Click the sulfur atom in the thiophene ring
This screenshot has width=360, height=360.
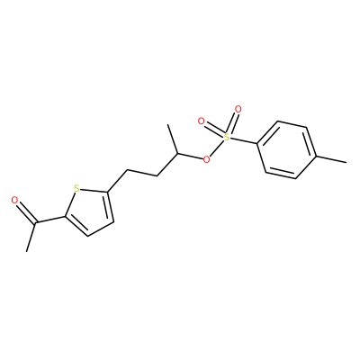click(x=76, y=189)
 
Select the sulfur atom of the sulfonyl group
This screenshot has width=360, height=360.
click(x=227, y=138)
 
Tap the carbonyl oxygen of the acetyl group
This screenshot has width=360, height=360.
click(x=14, y=200)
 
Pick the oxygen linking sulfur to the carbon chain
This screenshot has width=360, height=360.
click(x=206, y=159)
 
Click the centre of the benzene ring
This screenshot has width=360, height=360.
click(x=286, y=150)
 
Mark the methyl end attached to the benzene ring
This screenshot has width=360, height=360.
click(x=346, y=163)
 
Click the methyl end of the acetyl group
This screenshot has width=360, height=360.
click(x=27, y=251)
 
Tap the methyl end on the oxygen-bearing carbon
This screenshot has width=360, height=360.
click(x=168, y=124)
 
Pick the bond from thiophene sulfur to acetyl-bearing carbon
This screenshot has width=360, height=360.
click(x=71, y=203)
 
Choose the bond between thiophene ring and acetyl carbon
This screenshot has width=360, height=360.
click(x=50, y=220)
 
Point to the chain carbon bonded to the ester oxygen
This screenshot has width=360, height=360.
click(x=178, y=153)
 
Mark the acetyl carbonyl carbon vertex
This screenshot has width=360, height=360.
click(x=36, y=223)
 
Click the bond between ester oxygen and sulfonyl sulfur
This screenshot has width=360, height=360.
click(x=217, y=148)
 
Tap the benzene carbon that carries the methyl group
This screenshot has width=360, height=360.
click(x=316, y=157)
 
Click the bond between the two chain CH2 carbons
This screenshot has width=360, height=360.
click(x=142, y=173)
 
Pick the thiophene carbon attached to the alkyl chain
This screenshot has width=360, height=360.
click(x=107, y=192)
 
